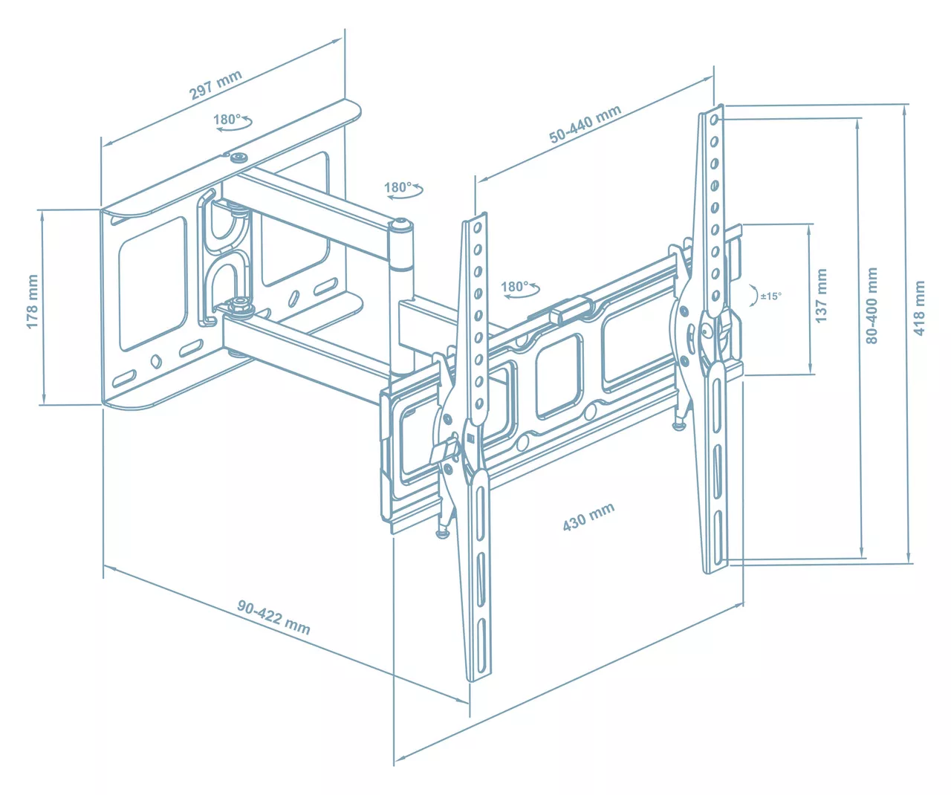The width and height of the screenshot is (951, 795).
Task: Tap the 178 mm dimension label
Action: tap(33, 301)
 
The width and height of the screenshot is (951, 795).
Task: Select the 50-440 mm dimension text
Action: tap(585, 123)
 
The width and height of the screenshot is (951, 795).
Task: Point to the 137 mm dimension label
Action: tap(821, 296)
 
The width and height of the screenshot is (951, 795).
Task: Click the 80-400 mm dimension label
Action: tap(872, 305)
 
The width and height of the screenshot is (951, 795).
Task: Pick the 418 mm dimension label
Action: tap(919, 308)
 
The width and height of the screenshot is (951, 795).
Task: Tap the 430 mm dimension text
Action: tap(588, 516)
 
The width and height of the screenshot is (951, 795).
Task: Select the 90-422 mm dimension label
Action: tap(273, 617)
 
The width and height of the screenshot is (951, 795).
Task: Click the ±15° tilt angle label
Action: tap(770, 296)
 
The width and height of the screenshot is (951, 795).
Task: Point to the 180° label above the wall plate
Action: tap(227, 120)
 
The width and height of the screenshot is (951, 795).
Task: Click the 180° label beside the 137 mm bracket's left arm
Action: tap(514, 287)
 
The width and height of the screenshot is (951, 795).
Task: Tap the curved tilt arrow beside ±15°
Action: tap(754, 295)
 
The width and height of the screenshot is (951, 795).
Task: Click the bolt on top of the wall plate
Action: tap(238, 158)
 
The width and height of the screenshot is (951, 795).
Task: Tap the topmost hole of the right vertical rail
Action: tap(714, 120)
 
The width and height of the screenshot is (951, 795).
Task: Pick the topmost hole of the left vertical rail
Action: tap(478, 228)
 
